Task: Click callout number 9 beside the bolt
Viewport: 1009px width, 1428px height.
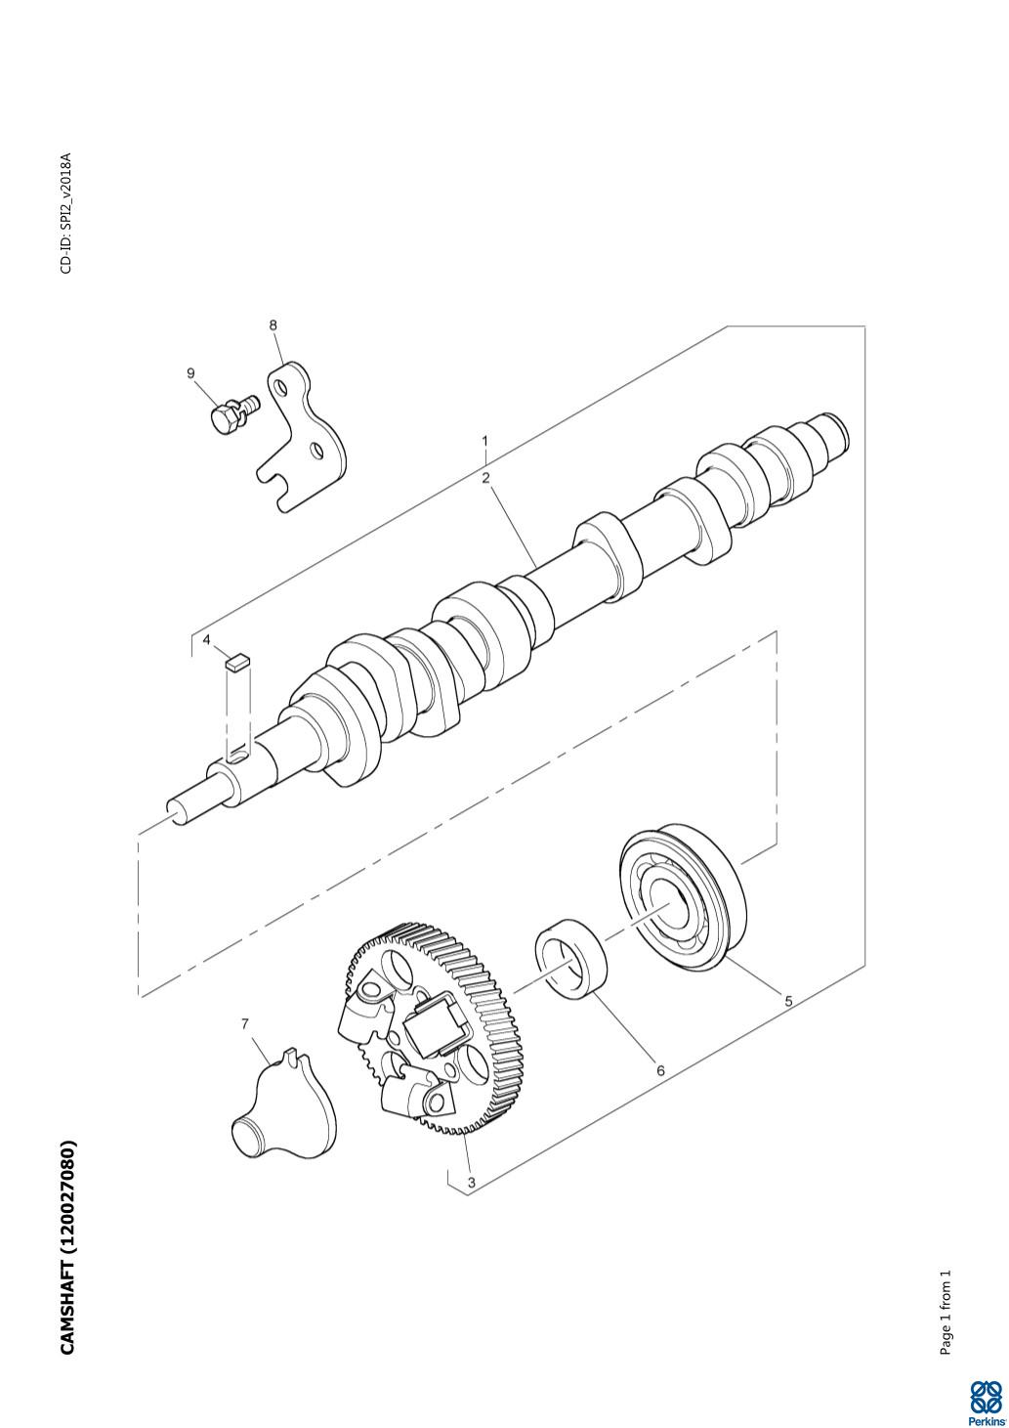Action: tap(191, 373)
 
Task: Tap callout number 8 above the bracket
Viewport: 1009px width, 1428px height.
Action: tap(273, 325)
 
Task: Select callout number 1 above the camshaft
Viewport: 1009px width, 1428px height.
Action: tap(484, 441)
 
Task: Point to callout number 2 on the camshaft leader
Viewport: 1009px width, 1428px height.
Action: tap(485, 478)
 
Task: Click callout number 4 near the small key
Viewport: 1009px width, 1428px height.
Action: tap(207, 639)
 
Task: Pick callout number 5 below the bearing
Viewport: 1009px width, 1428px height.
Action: tap(788, 1001)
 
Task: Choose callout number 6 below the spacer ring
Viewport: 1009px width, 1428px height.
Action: tap(660, 1071)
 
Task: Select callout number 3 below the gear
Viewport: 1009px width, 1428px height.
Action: tap(472, 1183)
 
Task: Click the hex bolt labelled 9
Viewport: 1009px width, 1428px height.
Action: tap(234, 411)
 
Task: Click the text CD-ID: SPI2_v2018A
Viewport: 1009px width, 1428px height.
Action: tap(66, 213)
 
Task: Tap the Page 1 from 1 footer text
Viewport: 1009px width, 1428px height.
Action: tap(946, 1278)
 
